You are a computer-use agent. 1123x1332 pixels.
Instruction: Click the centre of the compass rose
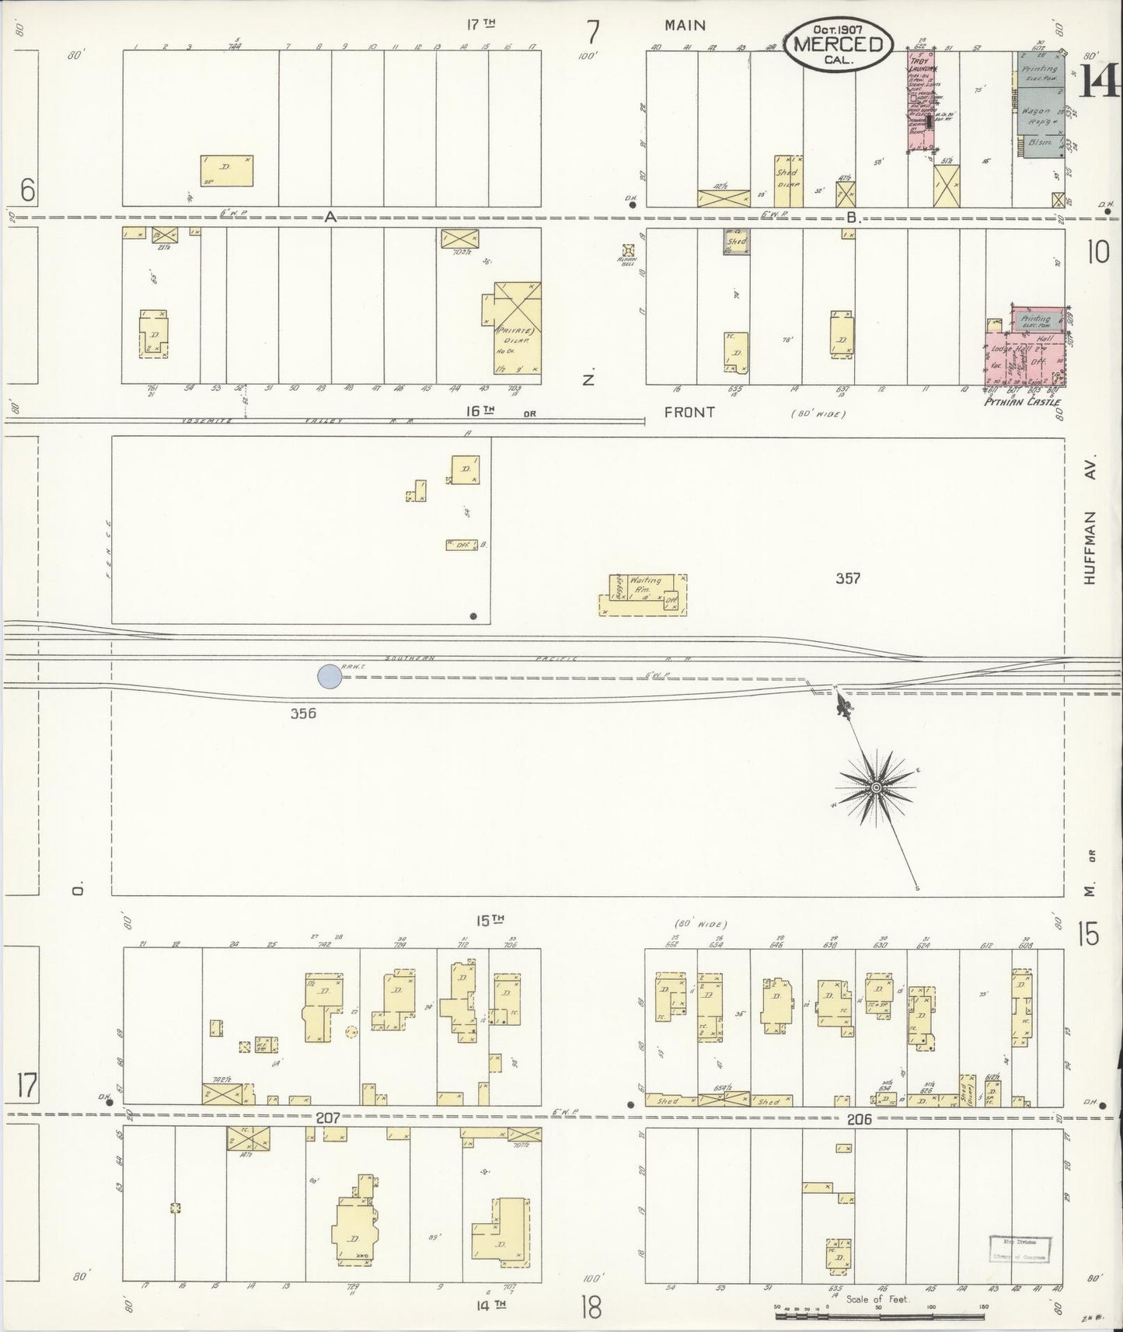click(x=877, y=788)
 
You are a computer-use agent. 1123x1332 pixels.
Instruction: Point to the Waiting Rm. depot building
click(x=643, y=595)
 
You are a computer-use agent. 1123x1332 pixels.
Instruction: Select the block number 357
click(x=847, y=578)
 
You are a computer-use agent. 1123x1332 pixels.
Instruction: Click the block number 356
click(x=303, y=713)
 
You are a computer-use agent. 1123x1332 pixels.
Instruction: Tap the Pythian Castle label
click(x=1022, y=402)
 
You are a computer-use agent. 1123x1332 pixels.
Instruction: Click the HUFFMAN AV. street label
click(x=1090, y=535)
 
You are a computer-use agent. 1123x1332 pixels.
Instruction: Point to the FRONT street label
click(x=689, y=413)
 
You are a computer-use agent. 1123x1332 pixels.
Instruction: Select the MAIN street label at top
click(x=685, y=25)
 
